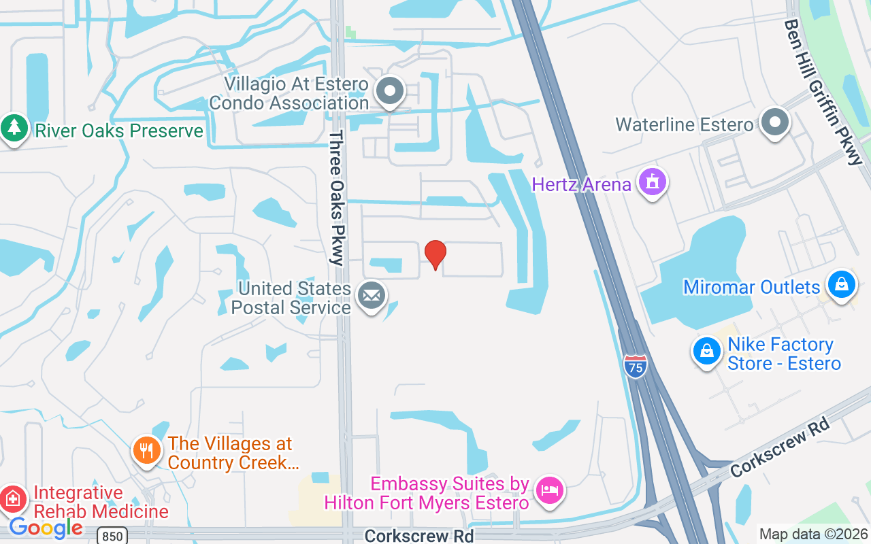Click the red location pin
(435, 254)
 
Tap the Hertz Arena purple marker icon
(653, 183)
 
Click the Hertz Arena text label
(581, 184)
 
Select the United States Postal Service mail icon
(371, 296)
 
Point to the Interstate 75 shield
(635, 367)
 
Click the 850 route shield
(112, 536)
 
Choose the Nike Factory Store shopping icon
(707, 352)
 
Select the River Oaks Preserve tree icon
(13, 129)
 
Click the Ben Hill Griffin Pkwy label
(823, 91)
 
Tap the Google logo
(46, 528)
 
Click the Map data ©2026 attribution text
(813, 534)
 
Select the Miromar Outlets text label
(751, 287)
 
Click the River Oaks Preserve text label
(119, 131)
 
